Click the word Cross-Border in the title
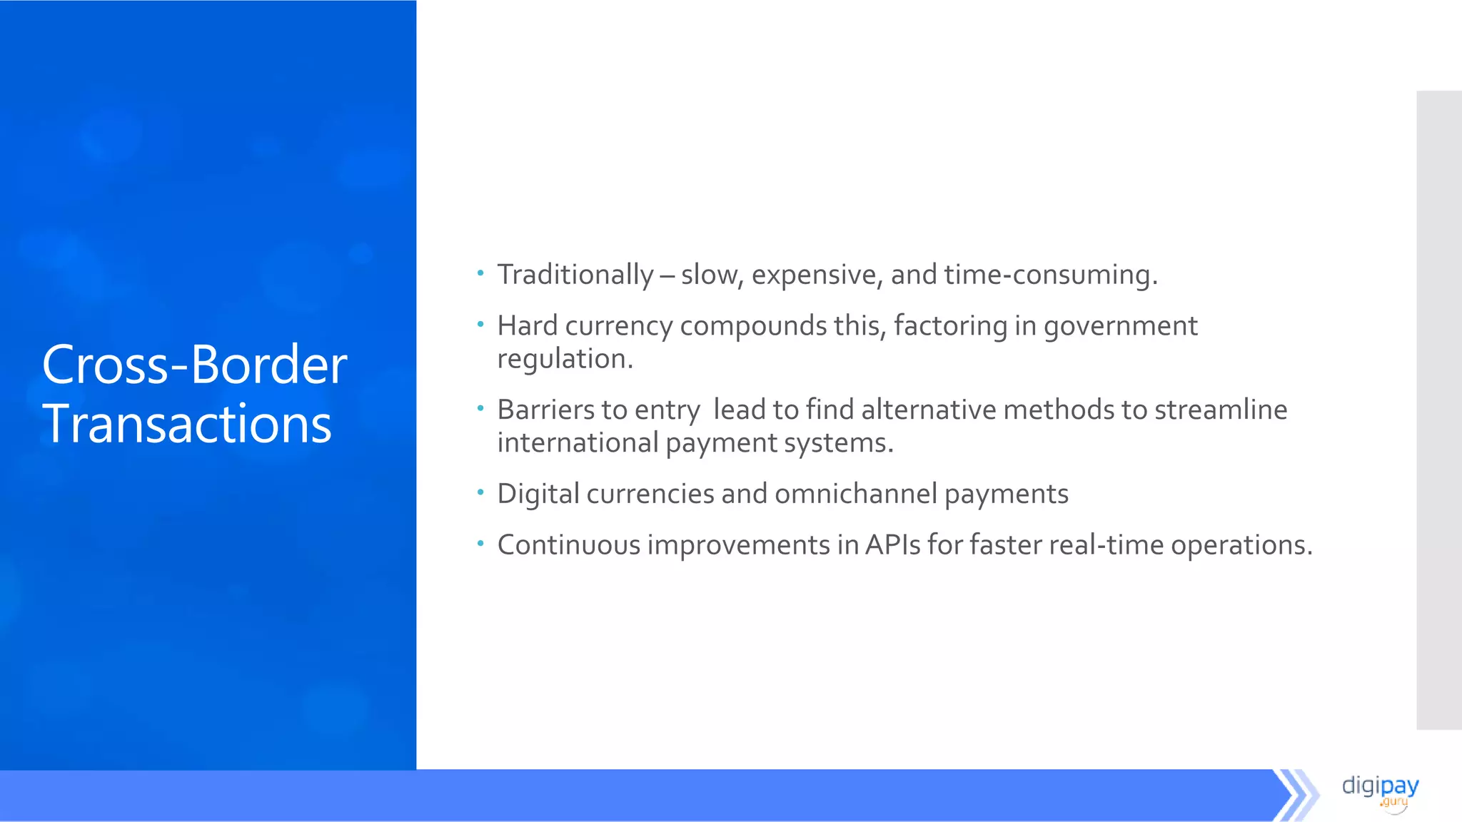194,365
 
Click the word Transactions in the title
187,424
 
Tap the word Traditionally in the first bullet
575,275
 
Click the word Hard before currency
527,326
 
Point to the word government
1120,327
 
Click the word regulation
565,359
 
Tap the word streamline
1220,410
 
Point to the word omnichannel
855,494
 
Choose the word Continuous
569,545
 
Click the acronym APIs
892,545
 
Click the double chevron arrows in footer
1296,795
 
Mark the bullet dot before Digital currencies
480,492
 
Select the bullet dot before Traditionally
480,273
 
